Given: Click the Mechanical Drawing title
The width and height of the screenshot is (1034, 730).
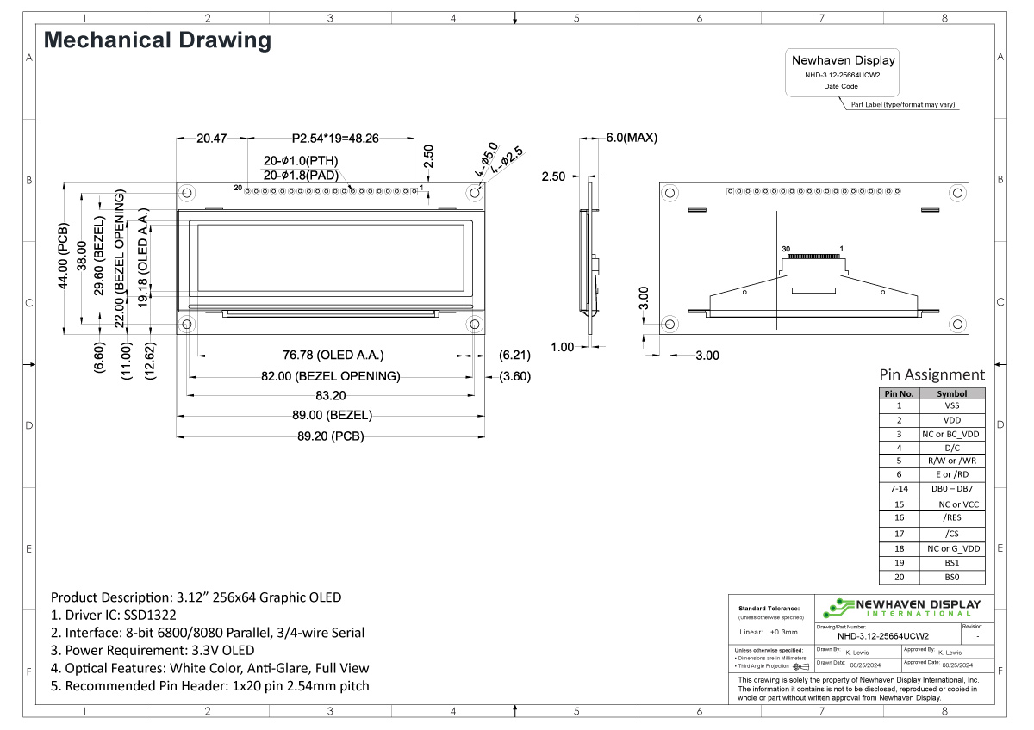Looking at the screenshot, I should click(x=157, y=40).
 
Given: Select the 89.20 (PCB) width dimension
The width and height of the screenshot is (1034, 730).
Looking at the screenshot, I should click(x=330, y=436).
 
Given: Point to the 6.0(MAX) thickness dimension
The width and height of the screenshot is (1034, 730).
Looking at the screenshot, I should click(x=631, y=138).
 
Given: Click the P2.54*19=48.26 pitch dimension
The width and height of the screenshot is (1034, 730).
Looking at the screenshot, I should click(x=335, y=138).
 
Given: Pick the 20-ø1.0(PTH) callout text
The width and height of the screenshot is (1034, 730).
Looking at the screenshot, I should click(x=301, y=160).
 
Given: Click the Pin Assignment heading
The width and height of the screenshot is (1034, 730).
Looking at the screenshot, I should click(x=931, y=374).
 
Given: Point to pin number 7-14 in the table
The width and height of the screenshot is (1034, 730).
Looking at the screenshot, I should click(x=899, y=488).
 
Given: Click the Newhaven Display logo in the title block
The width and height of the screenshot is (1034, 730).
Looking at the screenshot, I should click(x=900, y=608).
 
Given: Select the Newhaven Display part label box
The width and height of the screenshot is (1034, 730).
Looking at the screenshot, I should click(x=843, y=72).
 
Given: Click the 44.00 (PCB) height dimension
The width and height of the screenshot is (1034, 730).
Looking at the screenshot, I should click(x=64, y=257).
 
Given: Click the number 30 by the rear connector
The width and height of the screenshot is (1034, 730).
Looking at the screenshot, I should click(x=785, y=249).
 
